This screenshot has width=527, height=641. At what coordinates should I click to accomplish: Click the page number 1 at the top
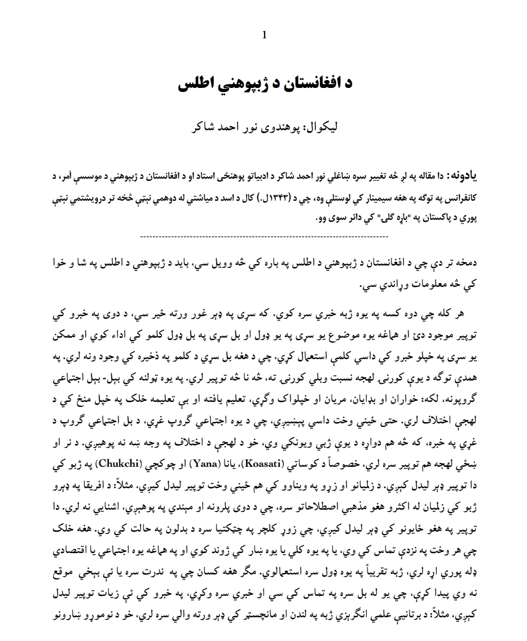(264, 36)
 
